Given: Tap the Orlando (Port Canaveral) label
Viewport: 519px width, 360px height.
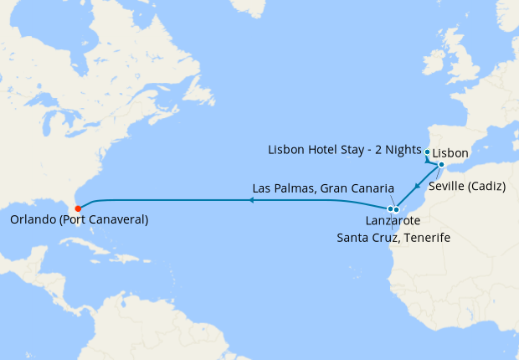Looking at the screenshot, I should click(x=80, y=220).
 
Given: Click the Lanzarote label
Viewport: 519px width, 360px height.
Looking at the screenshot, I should click(x=393, y=221).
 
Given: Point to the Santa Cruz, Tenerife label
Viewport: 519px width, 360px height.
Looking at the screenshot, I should click(x=393, y=238).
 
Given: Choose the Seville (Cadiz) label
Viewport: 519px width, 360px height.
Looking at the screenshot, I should click(x=467, y=186).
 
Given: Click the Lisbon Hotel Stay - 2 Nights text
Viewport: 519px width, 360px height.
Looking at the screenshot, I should click(x=345, y=150).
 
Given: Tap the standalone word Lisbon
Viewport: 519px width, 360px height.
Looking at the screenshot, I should click(x=451, y=154).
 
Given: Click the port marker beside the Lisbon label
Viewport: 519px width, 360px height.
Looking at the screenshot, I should click(x=428, y=152).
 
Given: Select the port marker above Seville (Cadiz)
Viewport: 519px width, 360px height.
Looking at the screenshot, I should click(x=441, y=165).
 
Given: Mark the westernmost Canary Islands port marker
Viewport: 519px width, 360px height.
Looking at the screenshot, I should click(x=390, y=208).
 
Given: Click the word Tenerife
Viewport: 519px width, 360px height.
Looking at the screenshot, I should click(x=427, y=238).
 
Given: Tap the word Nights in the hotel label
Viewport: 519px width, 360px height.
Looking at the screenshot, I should click(x=401, y=150).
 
